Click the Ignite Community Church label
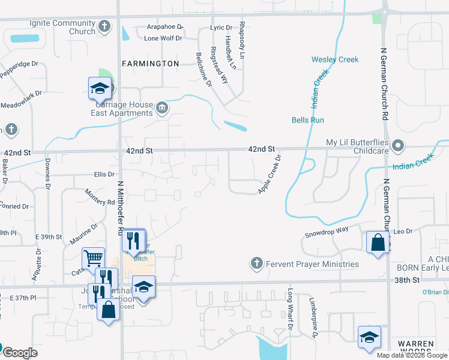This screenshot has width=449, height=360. pos(62,27)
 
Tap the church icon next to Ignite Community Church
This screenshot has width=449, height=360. pos(104,26)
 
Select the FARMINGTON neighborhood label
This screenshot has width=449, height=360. pos(150,64)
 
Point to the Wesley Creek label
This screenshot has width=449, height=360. pos(335,59)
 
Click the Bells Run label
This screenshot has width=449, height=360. pos(308,120)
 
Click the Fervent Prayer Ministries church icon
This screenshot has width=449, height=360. pos(256,263)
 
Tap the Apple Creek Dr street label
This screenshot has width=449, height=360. pos(270,175)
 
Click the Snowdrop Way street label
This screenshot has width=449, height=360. pos(327,231)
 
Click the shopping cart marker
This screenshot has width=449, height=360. pos(94,258)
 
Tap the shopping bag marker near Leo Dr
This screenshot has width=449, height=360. pos(378,242)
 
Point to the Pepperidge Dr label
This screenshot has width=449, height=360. pos(20,67)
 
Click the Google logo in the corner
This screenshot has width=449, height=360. pos(20,353)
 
